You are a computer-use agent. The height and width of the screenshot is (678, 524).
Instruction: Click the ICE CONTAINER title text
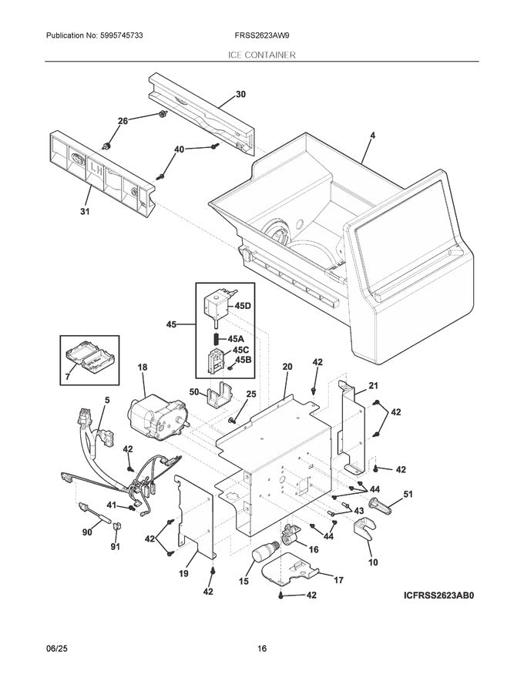[261, 55]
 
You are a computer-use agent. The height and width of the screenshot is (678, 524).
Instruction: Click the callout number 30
[240, 95]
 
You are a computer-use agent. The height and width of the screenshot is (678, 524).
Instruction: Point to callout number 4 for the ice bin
[372, 136]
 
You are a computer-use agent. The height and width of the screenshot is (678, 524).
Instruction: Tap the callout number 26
[123, 120]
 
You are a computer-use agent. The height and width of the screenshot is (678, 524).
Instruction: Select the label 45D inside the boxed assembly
[242, 306]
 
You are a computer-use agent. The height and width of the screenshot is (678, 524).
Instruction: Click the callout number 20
[287, 368]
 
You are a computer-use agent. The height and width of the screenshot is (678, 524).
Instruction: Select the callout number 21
[373, 385]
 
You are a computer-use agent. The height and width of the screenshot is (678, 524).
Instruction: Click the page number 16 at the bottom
[262, 650]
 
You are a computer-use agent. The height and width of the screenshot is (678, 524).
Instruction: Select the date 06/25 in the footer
[57, 650]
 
